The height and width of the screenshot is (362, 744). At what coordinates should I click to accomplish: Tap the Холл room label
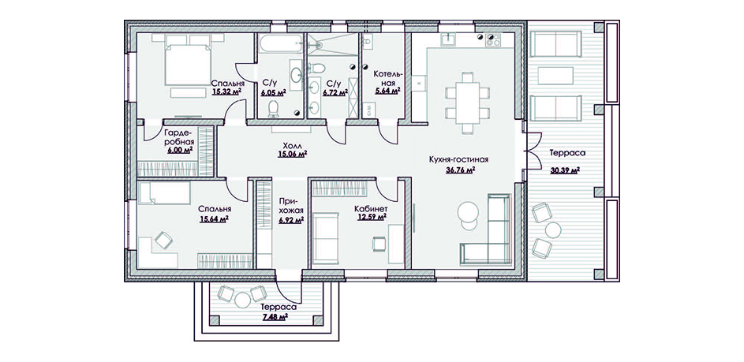coord(292,146)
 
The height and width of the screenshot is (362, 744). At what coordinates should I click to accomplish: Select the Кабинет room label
coord(371,209)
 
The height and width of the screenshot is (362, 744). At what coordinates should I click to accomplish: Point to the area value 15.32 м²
coord(226,91)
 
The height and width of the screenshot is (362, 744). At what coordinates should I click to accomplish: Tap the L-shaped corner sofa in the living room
coord(486,230)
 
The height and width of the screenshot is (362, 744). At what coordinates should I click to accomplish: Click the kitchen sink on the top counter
coord(448,39)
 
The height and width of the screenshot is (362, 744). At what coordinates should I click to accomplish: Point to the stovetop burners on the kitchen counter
coord(493,40)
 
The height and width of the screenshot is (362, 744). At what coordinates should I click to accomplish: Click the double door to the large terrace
coord(533,150)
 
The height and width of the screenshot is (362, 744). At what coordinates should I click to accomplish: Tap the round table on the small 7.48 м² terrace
coord(242,300)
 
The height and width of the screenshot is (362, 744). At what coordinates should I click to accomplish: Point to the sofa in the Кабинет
coord(326,238)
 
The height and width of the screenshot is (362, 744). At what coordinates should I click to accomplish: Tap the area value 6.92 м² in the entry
coord(292,220)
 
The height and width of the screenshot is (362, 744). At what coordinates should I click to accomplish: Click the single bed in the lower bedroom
coord(164,192)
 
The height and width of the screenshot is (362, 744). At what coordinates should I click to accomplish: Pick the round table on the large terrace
coord(553,230)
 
